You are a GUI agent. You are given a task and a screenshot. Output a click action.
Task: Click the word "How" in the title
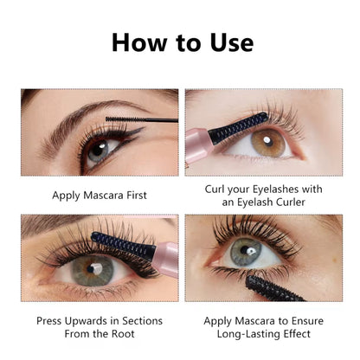[139, 42]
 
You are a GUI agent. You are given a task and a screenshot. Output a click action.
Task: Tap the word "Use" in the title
[232, 42]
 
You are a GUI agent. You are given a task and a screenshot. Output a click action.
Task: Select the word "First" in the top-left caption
[137, 196]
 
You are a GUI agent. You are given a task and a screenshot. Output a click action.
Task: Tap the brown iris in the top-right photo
[268, 143]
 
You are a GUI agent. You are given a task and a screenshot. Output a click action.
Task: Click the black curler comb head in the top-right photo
[237, 127]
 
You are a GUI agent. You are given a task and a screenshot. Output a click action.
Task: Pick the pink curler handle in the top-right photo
[198, 146]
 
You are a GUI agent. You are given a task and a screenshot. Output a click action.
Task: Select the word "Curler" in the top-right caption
[291, 202]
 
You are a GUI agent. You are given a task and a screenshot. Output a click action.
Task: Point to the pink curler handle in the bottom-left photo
[165, 259]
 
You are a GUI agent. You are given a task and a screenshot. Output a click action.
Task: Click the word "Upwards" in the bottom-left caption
[87, 321]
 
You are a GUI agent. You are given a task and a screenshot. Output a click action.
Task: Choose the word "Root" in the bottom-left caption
[123, 334]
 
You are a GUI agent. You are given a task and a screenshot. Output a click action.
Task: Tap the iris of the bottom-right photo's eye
[246, 252]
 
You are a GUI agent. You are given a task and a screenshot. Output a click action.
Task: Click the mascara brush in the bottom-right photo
[273, 289]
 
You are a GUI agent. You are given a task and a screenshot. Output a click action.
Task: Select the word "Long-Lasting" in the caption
[248, 334]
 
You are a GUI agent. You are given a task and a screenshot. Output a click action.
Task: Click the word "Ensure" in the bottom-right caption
[307, 321]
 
